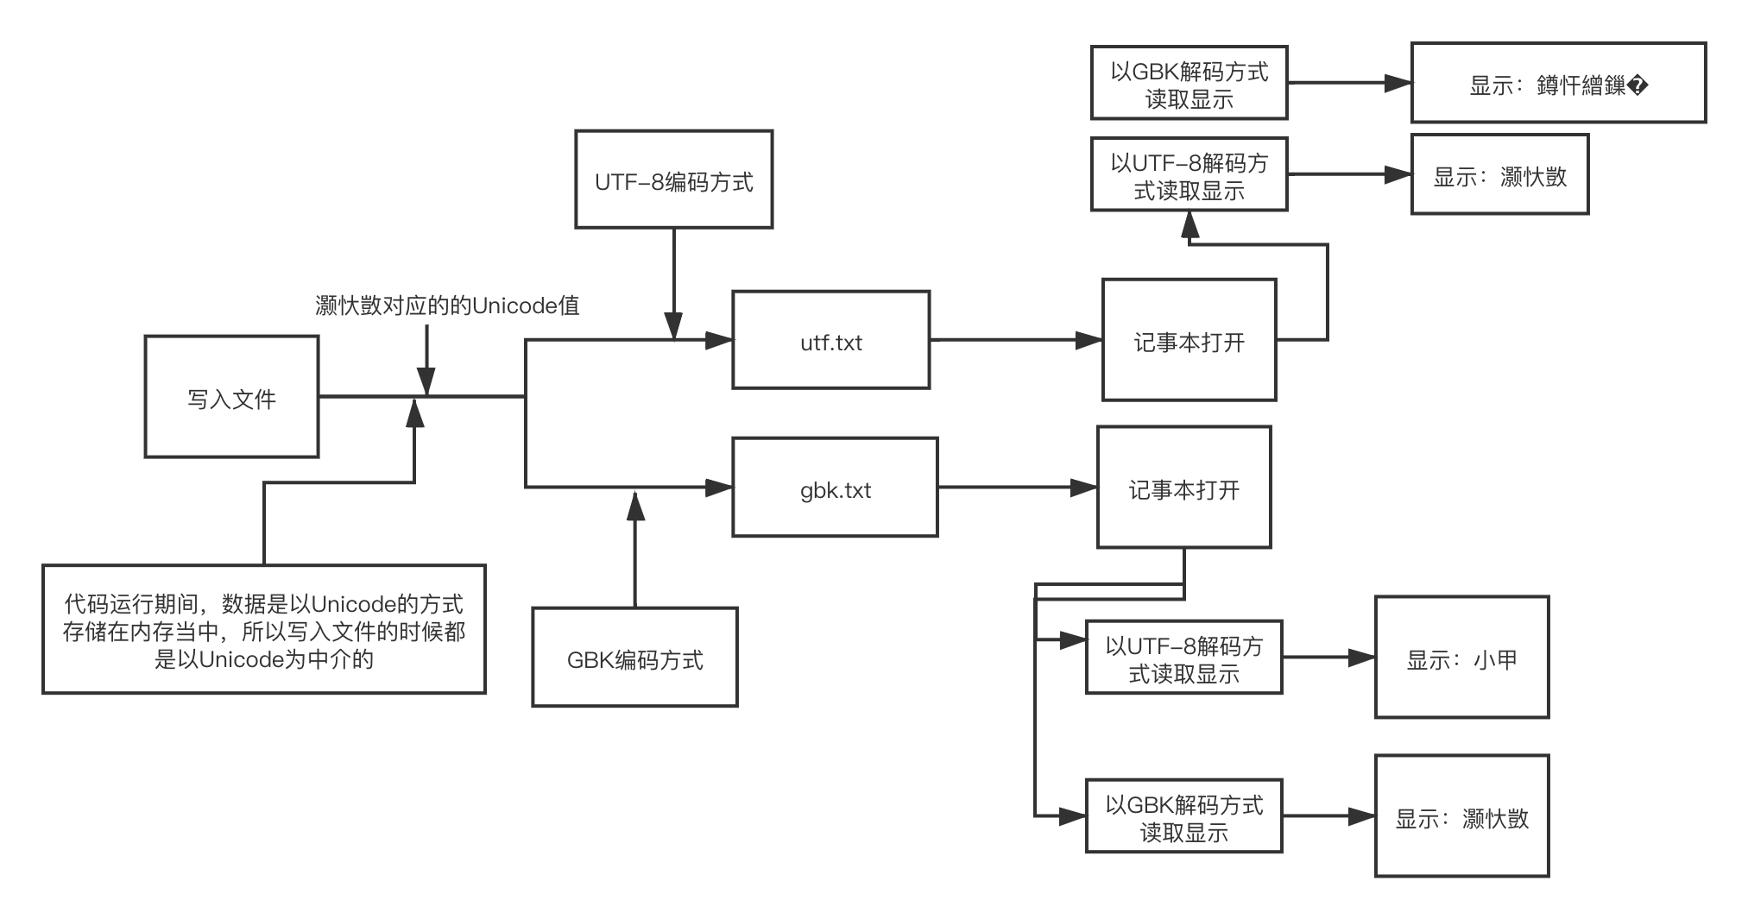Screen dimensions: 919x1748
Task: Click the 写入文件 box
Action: pos(231,397)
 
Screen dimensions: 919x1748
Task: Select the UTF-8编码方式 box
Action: pos(673,179)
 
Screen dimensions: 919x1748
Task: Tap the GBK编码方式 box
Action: pos(634,658)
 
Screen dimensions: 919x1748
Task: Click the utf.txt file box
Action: pos(830,340)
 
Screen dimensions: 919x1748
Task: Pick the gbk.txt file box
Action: pos(835,488)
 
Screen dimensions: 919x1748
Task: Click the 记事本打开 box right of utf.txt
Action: pos(1189,340)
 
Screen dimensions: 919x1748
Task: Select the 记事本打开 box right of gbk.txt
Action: pos(1183,488)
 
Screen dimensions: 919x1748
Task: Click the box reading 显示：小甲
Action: pos(1461,658)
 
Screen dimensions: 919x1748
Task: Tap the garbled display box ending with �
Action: pos(1558,84)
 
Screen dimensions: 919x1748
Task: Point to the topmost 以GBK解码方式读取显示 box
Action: pos(1189,83)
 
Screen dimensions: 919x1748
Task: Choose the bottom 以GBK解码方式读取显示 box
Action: pos(1183,816)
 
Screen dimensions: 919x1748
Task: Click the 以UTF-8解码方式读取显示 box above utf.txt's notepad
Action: pos(1189,174)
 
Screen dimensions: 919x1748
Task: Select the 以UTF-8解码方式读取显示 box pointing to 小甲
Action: pos(1183,658)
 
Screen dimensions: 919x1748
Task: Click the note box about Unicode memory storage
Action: pos(264,630)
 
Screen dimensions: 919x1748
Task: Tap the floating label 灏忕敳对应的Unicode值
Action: pos(446,305)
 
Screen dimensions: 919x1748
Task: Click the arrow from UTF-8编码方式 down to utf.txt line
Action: pos(673,285)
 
